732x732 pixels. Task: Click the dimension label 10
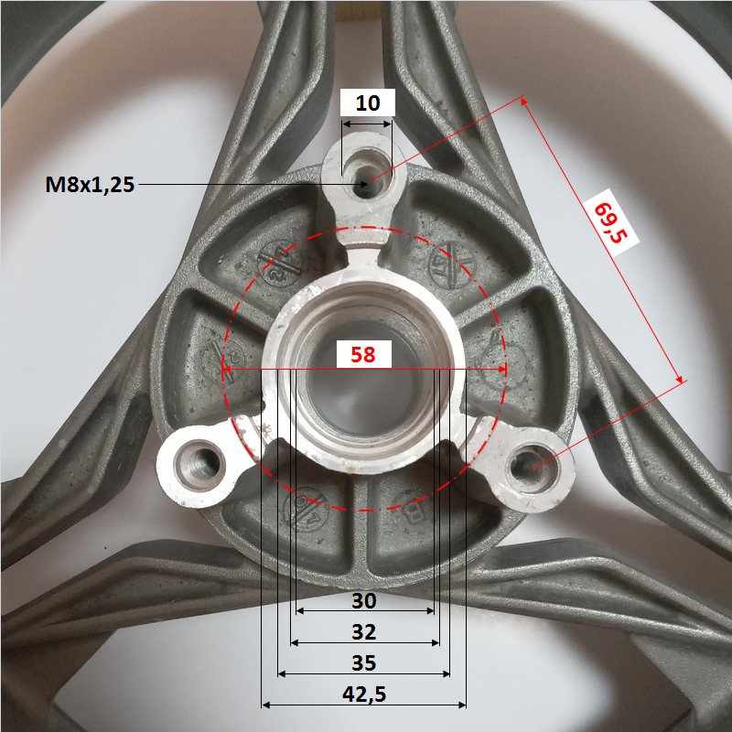coord(368,102)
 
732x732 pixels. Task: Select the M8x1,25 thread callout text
coord(90,185)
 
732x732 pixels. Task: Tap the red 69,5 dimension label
coord(609,222)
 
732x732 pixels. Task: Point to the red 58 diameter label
coord(362,355)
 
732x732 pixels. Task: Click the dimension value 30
coord(363,601)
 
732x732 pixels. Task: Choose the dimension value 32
coord(363,632)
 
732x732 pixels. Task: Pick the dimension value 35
coord(363,662)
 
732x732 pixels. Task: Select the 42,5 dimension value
coord(364,694)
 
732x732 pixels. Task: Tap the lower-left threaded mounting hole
coord(199,466)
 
